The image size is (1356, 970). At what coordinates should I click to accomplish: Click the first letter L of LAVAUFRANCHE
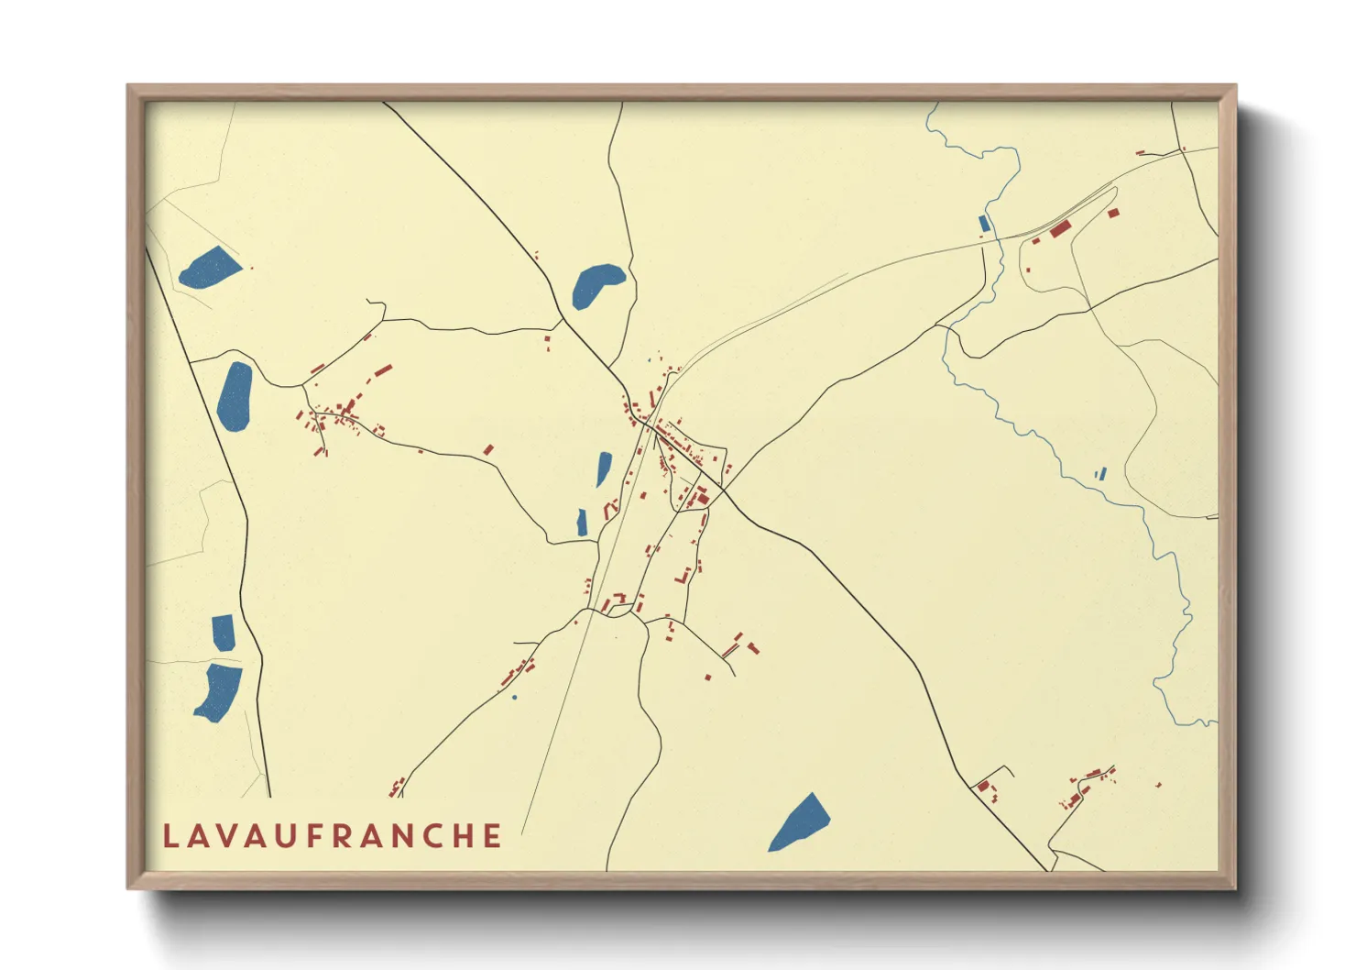point(170,836)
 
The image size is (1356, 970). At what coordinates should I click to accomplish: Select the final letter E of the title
point(493,836)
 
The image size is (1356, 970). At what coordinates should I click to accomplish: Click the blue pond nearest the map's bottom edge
point(800,822)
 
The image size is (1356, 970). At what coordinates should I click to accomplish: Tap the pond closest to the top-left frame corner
point(210,268)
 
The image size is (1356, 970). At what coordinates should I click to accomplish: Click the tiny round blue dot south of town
point(514,698)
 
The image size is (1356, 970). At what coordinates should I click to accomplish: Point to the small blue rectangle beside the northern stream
point(984,223)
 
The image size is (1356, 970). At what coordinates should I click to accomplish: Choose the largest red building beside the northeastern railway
point(1060,228)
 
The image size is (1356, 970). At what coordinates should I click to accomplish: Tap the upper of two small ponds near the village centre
point(604,468)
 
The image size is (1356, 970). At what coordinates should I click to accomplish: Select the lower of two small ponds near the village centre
point(582,522)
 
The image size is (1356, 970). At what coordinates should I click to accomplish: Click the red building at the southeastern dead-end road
point(984,786)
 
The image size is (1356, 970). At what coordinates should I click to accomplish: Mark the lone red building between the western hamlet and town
point(488,449)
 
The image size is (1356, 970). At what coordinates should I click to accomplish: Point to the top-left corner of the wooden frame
point(128,86)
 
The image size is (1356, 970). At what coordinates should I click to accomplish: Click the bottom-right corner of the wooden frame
point(1235,888)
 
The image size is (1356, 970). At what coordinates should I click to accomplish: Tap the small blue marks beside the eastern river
point(1100,474)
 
